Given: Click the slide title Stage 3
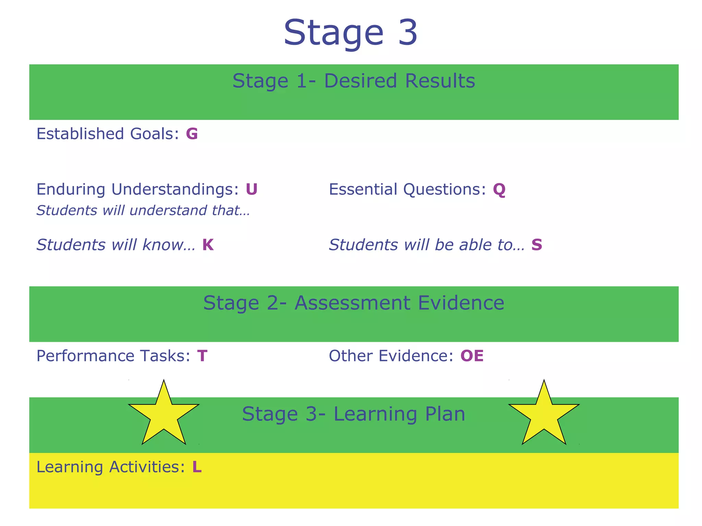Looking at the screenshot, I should point(350,32).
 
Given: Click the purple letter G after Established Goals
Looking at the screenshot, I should point(192,134).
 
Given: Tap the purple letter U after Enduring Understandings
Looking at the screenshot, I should point(252,189).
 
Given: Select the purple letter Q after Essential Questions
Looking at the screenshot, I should point(499,190).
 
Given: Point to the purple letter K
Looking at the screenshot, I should point(208,245).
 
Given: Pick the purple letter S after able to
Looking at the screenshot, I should point(537,245).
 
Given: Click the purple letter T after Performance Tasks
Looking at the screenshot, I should point(202,356).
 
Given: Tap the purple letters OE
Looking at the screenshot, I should point(472,356).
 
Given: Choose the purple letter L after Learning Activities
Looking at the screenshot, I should point(197,467).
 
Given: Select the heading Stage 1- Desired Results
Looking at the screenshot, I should point(354,81).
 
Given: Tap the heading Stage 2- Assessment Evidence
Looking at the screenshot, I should point(354,303).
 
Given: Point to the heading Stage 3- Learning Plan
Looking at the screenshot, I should point(354,414).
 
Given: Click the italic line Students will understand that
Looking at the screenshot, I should point(143,211).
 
